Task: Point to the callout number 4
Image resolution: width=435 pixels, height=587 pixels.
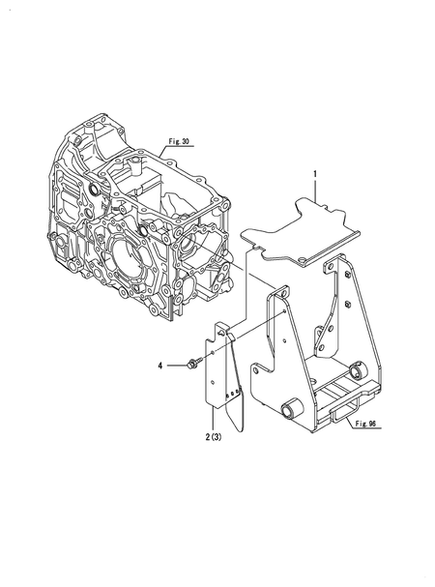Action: tap(162, 365)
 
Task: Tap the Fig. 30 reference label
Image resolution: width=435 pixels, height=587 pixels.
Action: tap(176, 141)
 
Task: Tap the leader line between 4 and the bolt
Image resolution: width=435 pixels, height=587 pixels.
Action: tap(174, 365)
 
